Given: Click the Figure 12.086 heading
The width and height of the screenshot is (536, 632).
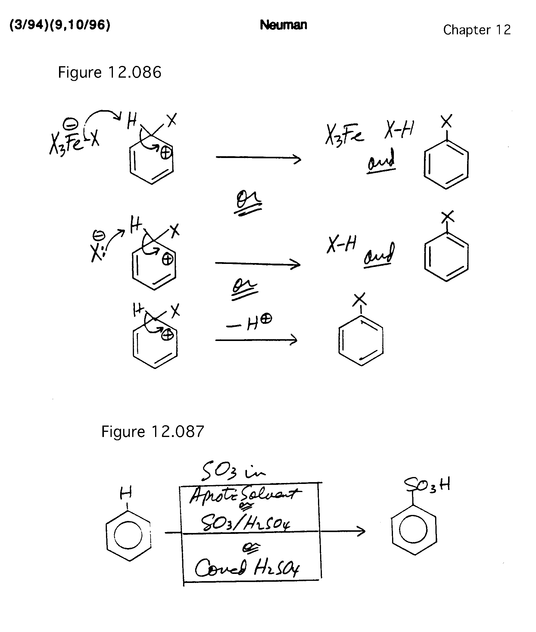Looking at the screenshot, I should (109, 73).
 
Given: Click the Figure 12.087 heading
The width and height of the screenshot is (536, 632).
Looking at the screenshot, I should (153, 432).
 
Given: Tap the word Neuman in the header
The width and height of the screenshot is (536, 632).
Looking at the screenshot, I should (283, 25).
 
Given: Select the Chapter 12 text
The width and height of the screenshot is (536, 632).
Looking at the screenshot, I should (477, 30).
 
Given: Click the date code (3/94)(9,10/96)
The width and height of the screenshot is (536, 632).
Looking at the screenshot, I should (60, 25).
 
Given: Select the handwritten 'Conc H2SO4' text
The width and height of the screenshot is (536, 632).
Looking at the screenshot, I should (247, 568).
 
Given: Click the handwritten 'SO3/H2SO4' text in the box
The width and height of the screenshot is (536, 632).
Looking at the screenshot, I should (245, 524).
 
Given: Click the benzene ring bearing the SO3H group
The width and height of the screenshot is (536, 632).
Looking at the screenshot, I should (414, 530).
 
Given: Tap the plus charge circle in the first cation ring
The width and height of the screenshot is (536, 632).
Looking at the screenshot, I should (166, 153).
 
